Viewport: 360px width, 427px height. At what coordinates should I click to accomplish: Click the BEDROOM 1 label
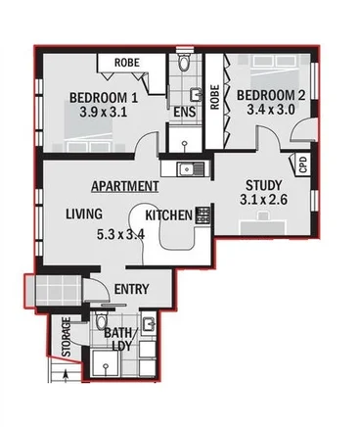pyautogui.click(x=103, y=96)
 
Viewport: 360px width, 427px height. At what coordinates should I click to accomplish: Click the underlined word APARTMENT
pyautogui.click(x=125, y=185)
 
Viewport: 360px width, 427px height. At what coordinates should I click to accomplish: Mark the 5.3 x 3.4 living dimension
pyautogui.click(x=120, y=235)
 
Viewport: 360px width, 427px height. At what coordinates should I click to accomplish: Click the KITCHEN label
pyautogui.click(x=168, y=214)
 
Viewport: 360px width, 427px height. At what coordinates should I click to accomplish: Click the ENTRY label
pyautogui.click(x=132, y=289)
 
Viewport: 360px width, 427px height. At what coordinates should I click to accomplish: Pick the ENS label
pyautogui.click(x=184, y=112)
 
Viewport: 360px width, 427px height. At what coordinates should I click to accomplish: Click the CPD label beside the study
pyautogui.click(x=303, y=165)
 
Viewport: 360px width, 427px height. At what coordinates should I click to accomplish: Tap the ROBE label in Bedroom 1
pyautogui.click(x=128, y=63)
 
